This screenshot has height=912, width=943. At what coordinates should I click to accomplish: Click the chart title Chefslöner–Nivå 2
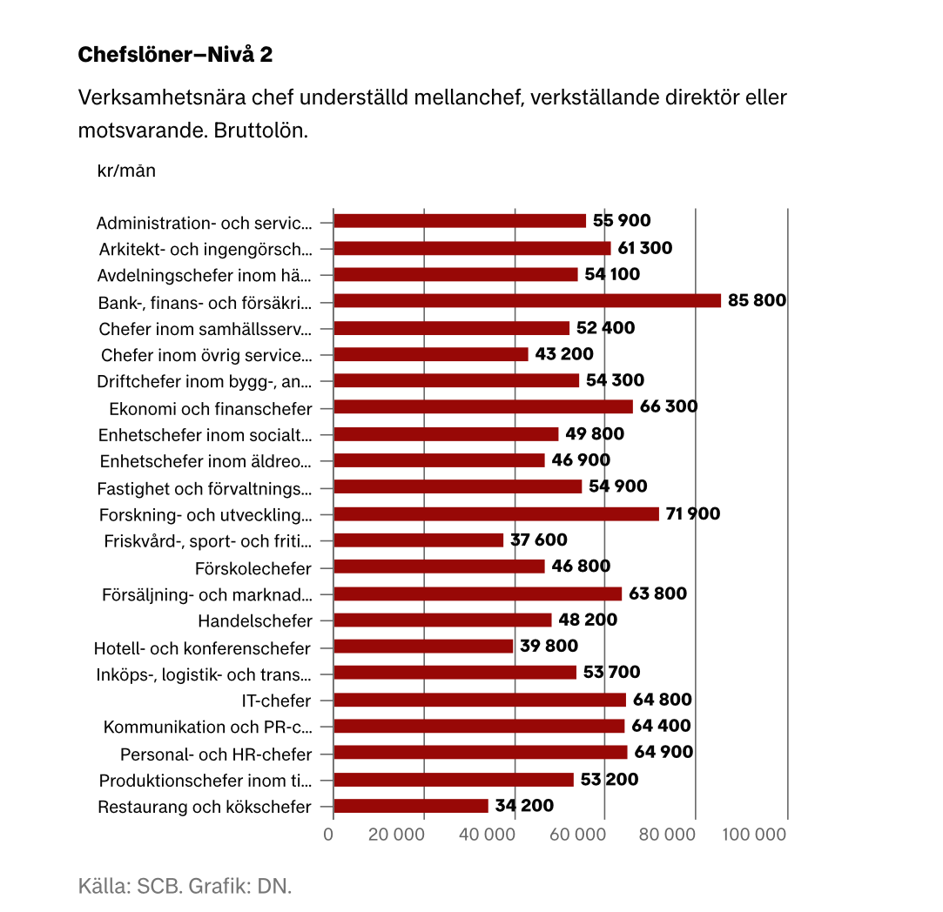tap(175, 55)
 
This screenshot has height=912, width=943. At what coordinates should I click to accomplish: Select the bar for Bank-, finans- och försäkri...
tap(527, 301)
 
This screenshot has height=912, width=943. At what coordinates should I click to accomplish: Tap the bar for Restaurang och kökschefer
tap(411, 806)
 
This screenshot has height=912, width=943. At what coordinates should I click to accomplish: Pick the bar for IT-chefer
tap(480, 700)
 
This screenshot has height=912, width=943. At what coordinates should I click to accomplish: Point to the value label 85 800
tap(757, 301)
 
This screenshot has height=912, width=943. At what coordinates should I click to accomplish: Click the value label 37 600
tap(538, 540)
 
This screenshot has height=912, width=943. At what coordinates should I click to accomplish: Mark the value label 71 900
tap(692, 513)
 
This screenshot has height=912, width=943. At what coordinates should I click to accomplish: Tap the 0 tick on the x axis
tap(328, 835)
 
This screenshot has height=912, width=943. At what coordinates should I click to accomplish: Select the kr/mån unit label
tap(126, 171)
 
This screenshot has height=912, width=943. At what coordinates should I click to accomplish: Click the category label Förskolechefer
tap(253, 568)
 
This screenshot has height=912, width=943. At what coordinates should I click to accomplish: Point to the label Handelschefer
tap(254, 621)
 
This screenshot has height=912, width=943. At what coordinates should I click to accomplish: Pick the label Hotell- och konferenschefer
tap(202, 648)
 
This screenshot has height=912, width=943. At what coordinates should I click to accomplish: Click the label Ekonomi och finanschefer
tap(210, 408)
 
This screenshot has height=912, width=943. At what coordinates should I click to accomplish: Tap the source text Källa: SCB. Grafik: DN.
tap(185, 887)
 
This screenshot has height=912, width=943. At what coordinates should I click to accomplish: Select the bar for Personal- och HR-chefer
tap(480, 753)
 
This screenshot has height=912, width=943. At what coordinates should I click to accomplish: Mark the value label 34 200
tap(524, 806)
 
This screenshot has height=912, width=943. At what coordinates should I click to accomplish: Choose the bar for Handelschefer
tap(442, 620)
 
